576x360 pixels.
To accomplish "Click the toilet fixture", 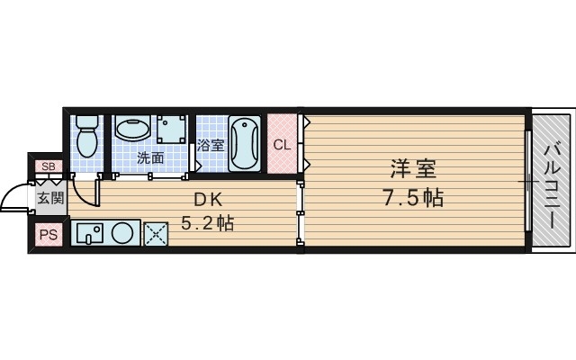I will click(88, 136).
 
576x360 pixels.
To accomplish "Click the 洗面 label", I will click(150, 157).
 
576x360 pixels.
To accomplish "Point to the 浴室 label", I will click(211, 145).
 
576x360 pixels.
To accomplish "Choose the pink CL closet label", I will click(282, 144).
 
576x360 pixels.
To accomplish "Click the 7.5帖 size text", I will click(410, 197).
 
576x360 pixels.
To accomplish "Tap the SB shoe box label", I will click(48, 166).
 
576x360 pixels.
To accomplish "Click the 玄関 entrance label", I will click(49, 197).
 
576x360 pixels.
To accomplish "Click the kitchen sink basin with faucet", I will click(90, 233).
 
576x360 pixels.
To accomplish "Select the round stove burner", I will click(123, 233).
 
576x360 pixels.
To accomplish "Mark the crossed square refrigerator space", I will click(157, 233).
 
